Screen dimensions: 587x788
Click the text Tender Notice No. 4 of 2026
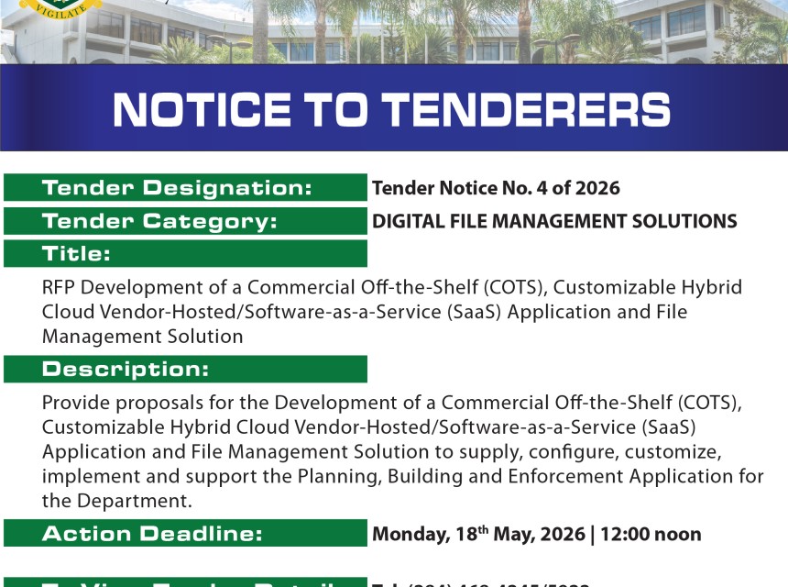496,189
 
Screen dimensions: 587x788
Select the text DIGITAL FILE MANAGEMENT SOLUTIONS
554,221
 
